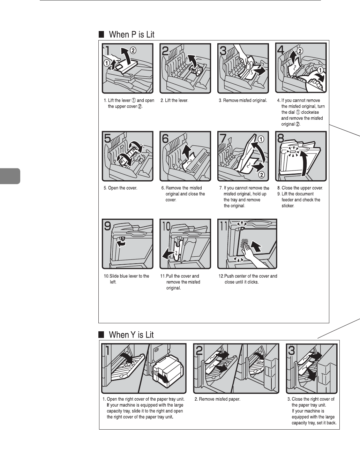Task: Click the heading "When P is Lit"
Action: (x=132, y=35)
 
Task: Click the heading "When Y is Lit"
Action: (x=131, y=335)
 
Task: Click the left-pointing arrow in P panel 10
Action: (x=168, y=253)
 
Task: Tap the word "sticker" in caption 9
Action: (x=288, y=206)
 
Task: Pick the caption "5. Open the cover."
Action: (x=120, y=188)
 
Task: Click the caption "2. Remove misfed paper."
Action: (x=217, y=399)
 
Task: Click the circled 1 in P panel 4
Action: (x=321, y=69)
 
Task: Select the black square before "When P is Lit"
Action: (x=101, y=35)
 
